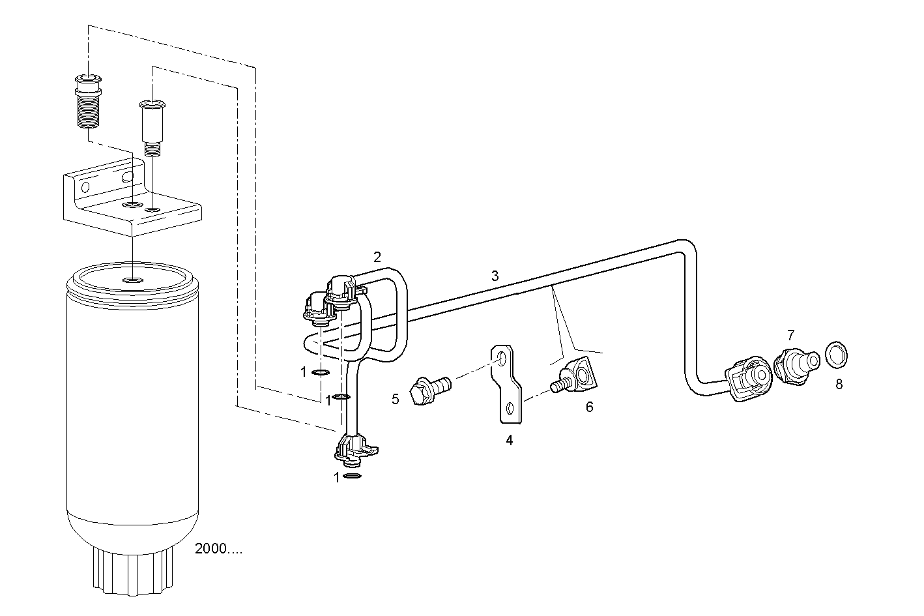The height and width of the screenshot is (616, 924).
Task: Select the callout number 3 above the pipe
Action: pos(495,276)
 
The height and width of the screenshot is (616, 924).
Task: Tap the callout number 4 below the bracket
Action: pos(509,441)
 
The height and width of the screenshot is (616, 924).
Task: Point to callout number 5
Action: pos(396,399)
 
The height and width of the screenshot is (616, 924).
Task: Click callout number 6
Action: pos(589,407)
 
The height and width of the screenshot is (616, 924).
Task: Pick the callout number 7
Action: pos(790,335)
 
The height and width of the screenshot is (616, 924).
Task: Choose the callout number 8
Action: pos(839,384)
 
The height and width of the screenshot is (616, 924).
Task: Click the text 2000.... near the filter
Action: pos(218,549)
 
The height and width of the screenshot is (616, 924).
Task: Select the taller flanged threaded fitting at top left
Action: pos(86,100)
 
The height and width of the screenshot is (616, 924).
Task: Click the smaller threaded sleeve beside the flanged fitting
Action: pos(151,126)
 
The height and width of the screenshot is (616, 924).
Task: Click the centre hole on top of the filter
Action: pos(132,280)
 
